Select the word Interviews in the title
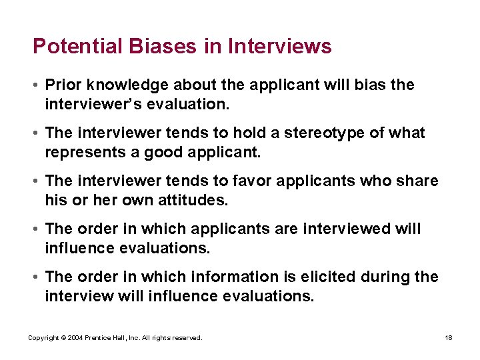coord(279,47)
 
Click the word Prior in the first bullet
coord(61,85)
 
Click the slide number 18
coord(449,338)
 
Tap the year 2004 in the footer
coord(75,338)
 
